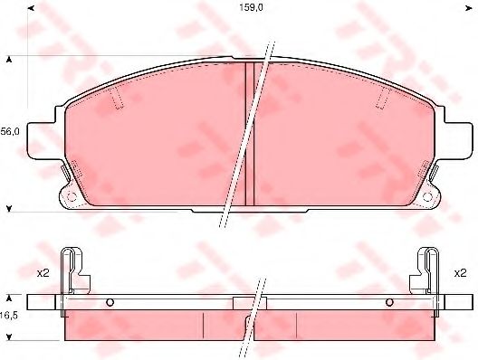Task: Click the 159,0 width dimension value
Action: coord(251,7)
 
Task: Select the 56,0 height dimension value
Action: coord(10,131)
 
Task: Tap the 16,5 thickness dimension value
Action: coord(9,316)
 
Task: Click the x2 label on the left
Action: coord(43,273)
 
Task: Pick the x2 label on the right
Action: coord(460,273)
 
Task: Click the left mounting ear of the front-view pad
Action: coord(41,140)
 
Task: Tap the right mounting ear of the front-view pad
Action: coord(458,140)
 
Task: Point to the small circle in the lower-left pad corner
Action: coord(72,197)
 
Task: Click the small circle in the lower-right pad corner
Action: coord(427,197)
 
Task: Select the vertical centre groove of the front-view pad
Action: coord(250,134)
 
